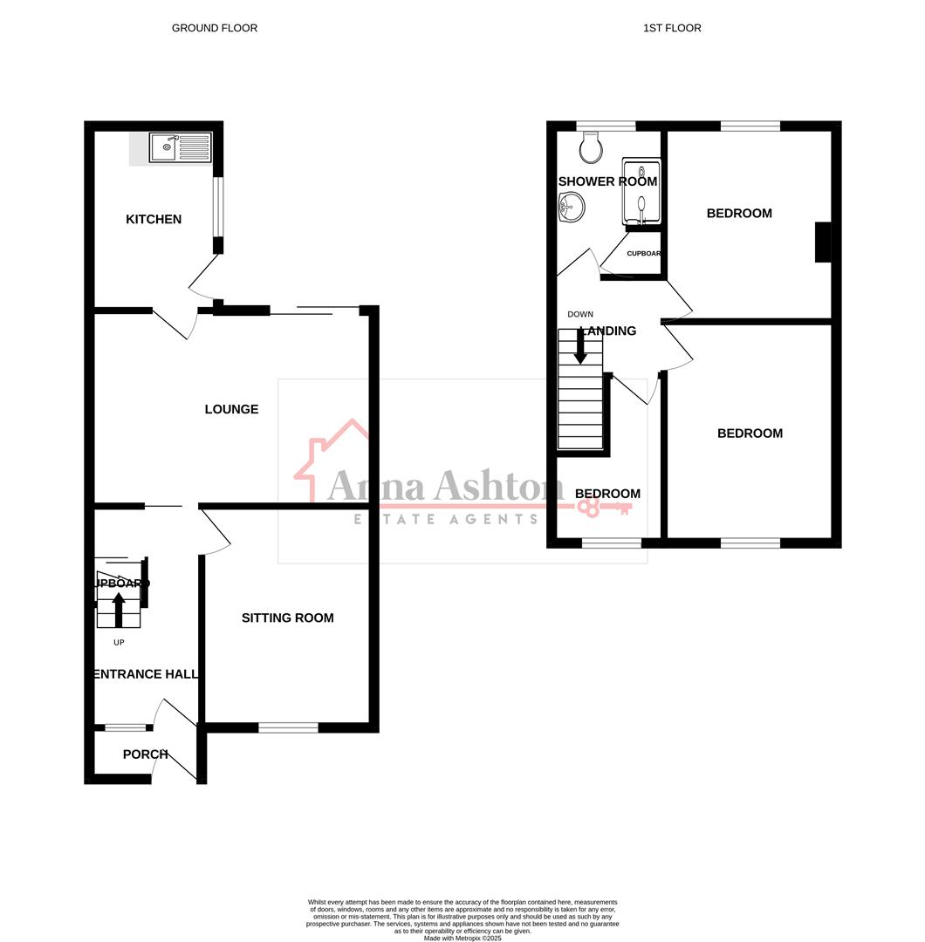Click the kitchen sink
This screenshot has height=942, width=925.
coord(180,147)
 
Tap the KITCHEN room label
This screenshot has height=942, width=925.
coord(154,219)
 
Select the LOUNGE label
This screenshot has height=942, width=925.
coord(231,409)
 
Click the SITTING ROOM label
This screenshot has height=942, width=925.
coord(287,618)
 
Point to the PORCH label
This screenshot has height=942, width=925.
coord(145,754)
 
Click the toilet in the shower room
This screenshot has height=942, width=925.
coord(591,148)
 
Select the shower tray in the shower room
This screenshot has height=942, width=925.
coord(641,192)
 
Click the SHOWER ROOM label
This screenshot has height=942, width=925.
coord(607,181)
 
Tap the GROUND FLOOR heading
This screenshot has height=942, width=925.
coord(215,28)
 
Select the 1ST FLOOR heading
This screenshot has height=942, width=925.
coord(672,28)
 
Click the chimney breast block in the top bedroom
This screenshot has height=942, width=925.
coord(822,242)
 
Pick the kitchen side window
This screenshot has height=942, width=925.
coord(217,208)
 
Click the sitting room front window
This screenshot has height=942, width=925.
coord(288,727)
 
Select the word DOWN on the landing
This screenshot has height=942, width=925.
coord(580,314)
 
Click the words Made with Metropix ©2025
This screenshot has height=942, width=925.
coord(462,938)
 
